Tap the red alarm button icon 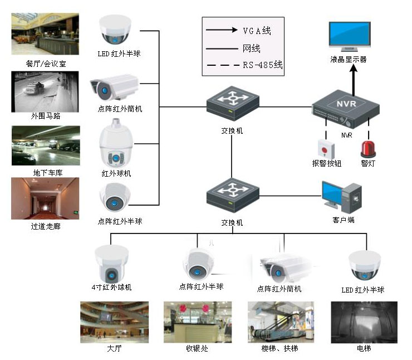(325, 148)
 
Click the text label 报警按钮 (326, 164)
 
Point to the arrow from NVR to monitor (352, 78)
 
